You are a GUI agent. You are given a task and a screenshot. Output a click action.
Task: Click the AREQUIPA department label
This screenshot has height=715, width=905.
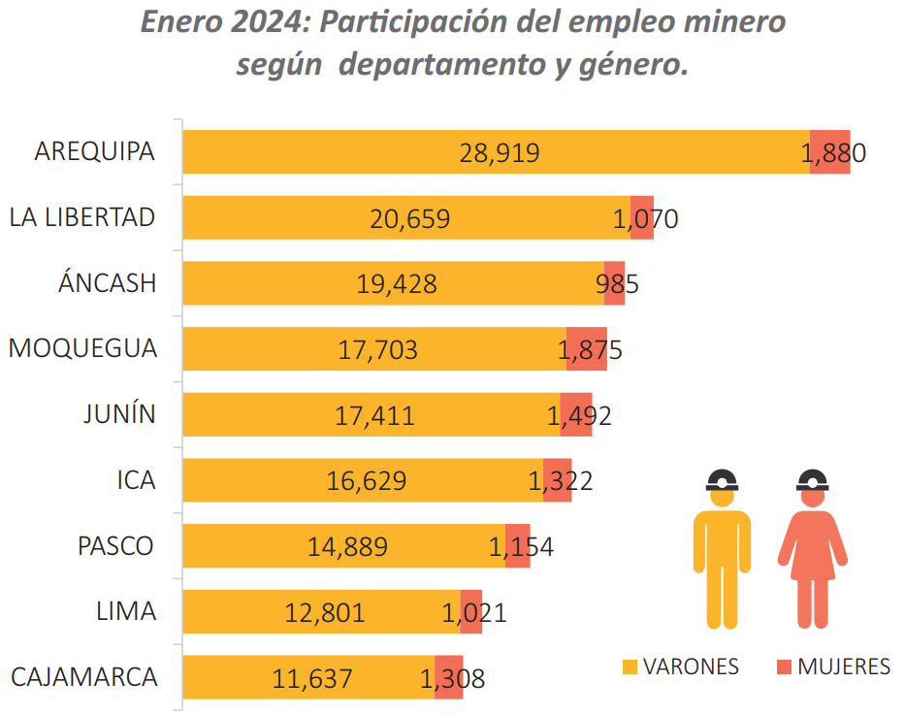click(94, 152)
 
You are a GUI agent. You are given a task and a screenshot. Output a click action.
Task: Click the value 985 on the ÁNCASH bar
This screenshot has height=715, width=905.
click(617, 284)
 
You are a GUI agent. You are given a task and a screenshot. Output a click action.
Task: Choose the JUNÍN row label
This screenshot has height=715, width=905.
click(119, 415)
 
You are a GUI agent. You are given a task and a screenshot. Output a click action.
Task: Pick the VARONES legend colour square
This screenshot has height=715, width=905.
click(630, 667)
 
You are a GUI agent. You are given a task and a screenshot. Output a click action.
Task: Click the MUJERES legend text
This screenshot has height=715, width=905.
click(843, 667)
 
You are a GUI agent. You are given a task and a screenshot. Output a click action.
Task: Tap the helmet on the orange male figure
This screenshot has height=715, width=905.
click(722, 478)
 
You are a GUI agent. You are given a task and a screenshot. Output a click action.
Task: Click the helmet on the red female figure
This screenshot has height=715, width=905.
click(812, 478)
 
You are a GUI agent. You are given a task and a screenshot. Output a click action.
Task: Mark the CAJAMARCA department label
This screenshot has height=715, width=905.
click(83, 677)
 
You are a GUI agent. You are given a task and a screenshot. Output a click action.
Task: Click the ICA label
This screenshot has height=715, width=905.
click(133, 480)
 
